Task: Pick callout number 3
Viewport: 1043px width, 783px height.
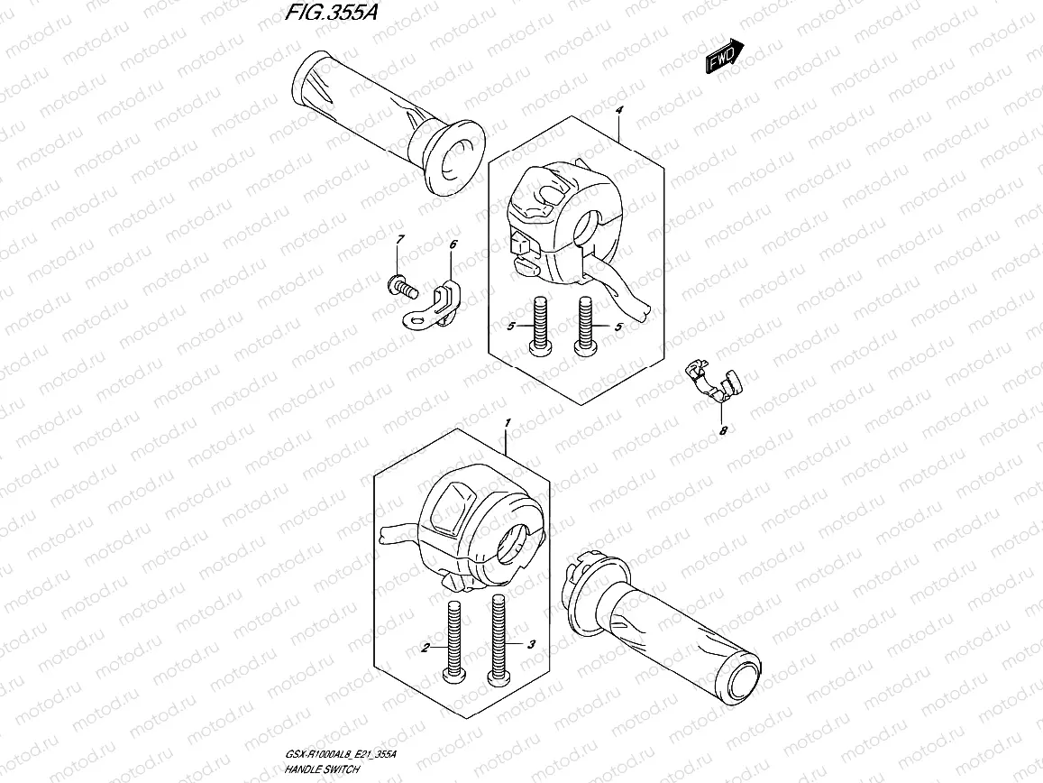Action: [532, 644]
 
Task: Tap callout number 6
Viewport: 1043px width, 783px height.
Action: [453, 244]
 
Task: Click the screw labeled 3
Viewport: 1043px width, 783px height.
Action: [496, 640]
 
